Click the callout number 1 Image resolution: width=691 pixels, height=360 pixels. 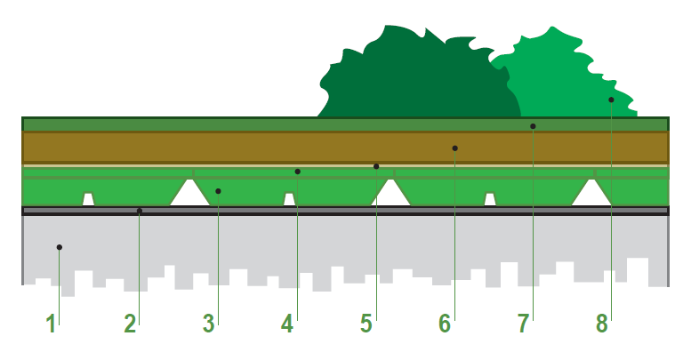[x=51, y=324]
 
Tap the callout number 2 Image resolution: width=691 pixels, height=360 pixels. [x=130, y=324]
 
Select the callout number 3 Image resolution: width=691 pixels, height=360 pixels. [x=208, y=324]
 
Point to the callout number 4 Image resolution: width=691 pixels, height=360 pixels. [x=287, y=324]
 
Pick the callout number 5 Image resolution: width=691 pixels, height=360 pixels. [x=366, y=324]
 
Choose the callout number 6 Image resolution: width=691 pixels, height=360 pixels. [x=445, y=324]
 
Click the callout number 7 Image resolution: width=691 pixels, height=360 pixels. [x=523, y=324]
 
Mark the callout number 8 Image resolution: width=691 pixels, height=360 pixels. [x=602, y=324]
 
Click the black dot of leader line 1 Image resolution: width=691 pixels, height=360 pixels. [x=59, y=247]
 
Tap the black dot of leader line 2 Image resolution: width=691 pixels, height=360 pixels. [x=140, y=211]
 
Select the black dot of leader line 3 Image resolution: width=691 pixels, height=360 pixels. [x=218, y=191]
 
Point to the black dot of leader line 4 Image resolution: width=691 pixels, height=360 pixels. [x=297, y=172]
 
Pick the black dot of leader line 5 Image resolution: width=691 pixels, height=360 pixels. [x=376, y=166]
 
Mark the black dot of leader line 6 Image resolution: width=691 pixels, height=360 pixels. [x=454, y=148]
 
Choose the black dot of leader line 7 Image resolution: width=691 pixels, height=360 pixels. [x=533, y=126]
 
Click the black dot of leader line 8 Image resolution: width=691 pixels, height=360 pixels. [x=611, y=100]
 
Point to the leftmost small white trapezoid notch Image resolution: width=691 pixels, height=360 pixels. [x=89, y=200]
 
